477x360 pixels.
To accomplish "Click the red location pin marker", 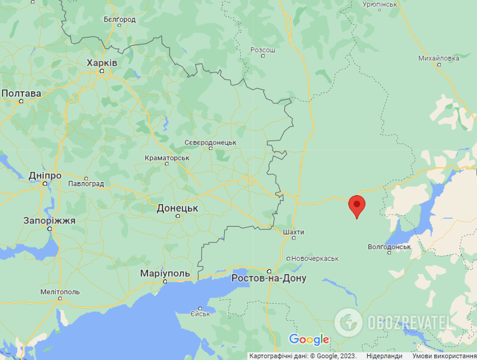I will point(356,205).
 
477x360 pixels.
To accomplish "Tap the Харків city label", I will point(102,63).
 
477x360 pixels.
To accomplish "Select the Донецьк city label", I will point(177,208).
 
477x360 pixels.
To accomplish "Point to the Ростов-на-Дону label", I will point(269,278).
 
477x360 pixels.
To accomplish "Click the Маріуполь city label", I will point(165,273).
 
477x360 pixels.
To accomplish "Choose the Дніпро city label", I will point(45,176).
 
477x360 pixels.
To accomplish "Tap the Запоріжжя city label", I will point(49,220).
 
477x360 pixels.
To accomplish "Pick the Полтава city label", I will point(21,94).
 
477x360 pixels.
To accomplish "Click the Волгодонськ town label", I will point(389,246).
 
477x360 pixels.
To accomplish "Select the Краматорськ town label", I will point(167,158).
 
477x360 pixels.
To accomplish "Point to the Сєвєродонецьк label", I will point(211,143).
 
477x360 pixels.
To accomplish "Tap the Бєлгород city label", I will point(119,20).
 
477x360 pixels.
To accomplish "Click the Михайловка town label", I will point(439,58).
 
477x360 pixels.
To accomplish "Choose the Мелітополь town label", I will point(60,292).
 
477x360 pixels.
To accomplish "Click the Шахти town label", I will point(294,232).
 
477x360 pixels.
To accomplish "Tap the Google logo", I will point(309,340).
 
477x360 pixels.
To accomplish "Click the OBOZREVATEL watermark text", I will point(409,322).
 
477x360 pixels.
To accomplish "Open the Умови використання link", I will point(444,356).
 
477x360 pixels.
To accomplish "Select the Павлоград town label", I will point(87,184).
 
